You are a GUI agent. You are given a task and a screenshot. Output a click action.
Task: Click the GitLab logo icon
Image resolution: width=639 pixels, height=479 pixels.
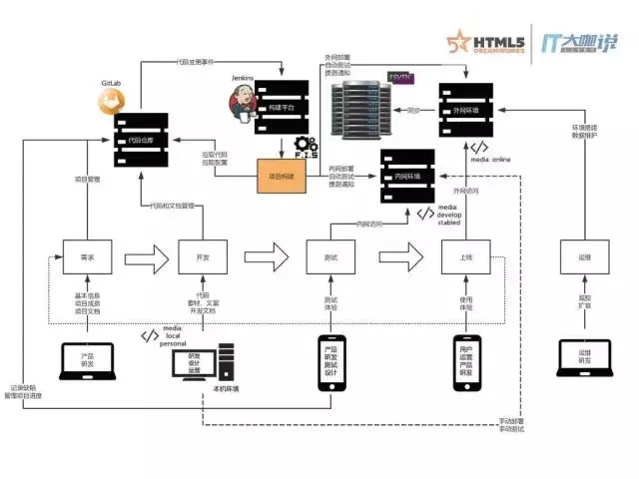pyautogui.click(x=111, y=101)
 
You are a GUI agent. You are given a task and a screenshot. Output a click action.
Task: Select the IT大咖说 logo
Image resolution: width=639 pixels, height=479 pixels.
pyautogui.click(x=579, y=42)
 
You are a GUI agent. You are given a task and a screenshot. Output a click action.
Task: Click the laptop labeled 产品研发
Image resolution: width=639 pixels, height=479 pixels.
pyautogui.click(x=86, y=361)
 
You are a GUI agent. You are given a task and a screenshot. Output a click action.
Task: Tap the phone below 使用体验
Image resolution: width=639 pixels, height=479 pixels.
pyautogui.click(x=465, y=360)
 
